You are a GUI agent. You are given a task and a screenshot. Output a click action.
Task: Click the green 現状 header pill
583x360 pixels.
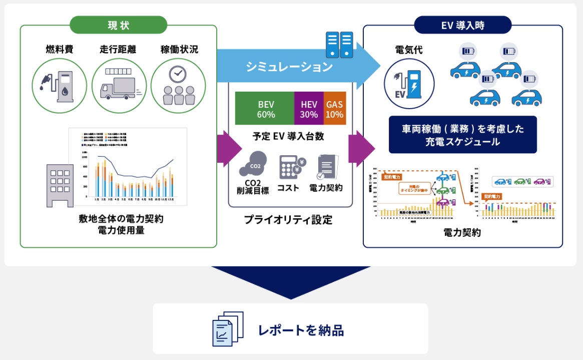[x=118, y=25]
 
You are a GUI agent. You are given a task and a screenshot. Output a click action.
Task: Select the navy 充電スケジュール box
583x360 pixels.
[x=462, y=135]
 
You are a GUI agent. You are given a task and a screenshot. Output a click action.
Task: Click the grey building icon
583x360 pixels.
[x=60, y=185]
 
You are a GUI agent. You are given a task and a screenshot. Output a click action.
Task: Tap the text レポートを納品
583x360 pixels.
[x=301, y=330]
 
